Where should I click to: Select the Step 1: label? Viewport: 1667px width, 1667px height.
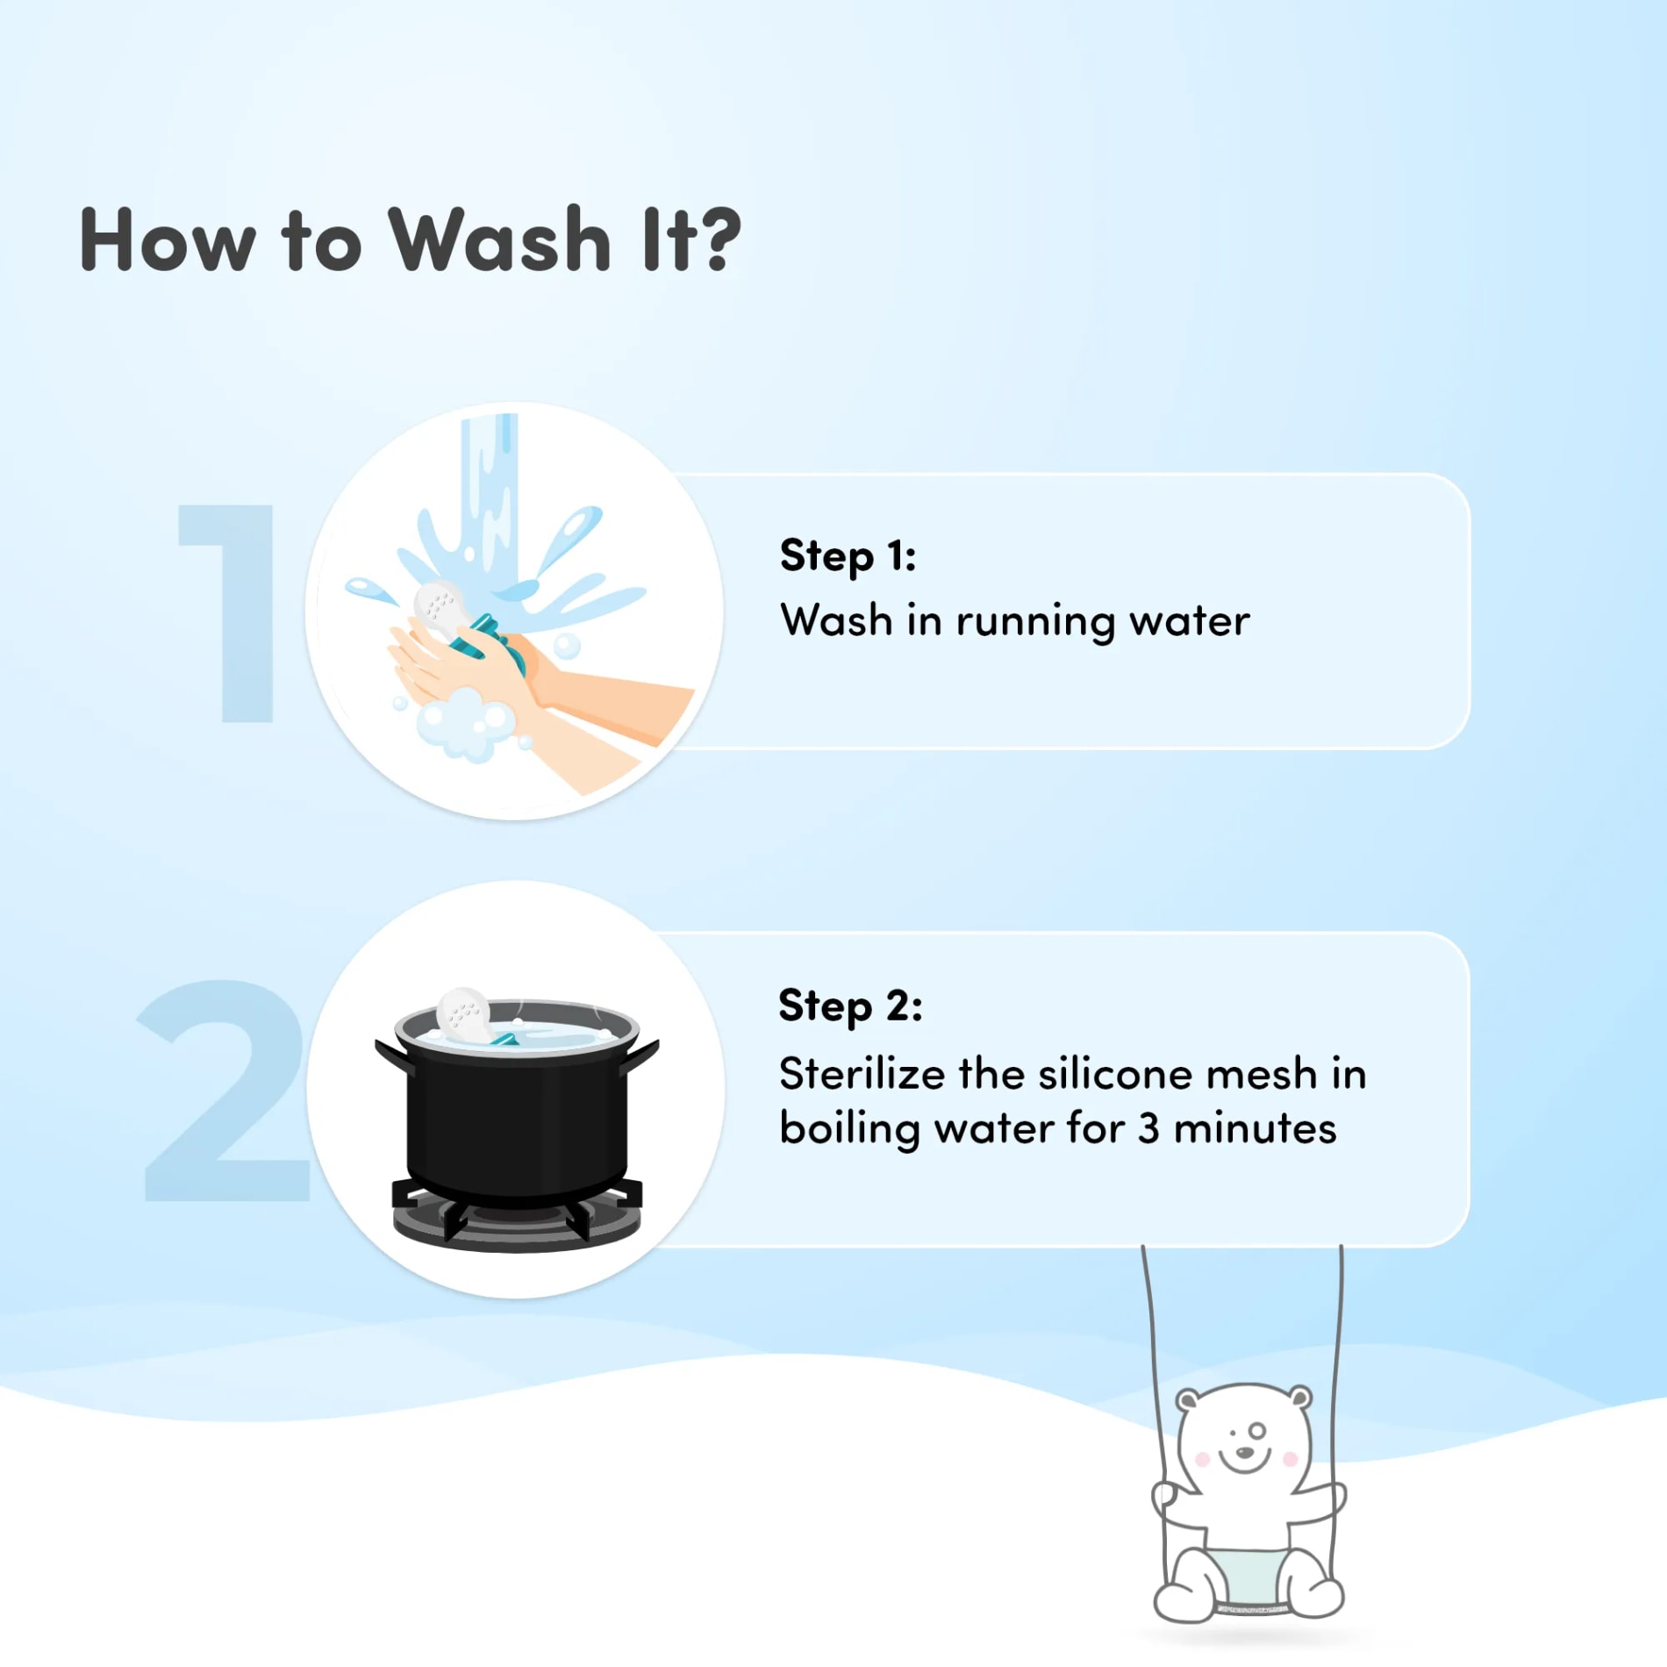click(x=848, y=556)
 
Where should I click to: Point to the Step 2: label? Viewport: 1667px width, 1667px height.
click(x=850, y=1006)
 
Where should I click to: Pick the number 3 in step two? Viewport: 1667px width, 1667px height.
click(x=1148, y=1128)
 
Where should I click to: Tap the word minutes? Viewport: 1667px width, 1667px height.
click(x=1256, y=1128)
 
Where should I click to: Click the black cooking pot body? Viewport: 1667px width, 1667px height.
click(x=517, y=1119)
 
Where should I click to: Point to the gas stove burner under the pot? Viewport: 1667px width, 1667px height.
click(x=517, y=1215)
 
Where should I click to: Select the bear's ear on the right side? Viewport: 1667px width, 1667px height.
click(x=1299, y=1397)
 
